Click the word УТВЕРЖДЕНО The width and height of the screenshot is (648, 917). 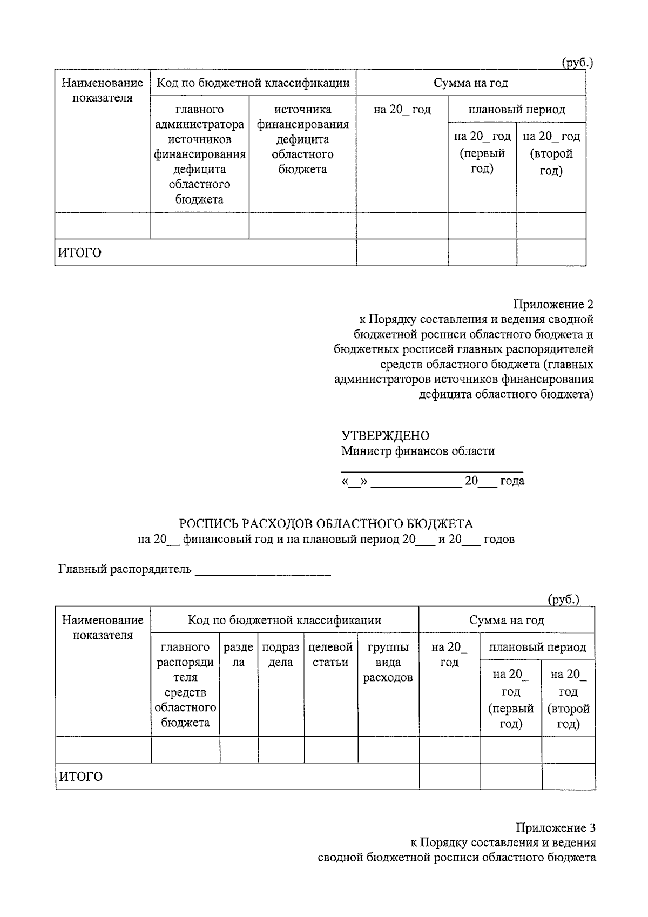point(385,436)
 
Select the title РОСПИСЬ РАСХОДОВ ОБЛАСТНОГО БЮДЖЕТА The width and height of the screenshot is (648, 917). point(326,524)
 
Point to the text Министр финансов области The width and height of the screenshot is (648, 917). point(417,451)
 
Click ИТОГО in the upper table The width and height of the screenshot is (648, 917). point(79,253)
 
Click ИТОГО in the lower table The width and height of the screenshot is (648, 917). point(80,777)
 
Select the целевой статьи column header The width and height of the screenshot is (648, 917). point(330,655)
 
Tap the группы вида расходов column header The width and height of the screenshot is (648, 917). point(388,662)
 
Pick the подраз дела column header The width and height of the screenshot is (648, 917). point(281,655)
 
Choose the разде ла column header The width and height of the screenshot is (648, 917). point(238,655)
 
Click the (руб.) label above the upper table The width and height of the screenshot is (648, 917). point(577,63)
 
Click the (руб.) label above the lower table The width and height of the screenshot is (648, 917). point(563,599)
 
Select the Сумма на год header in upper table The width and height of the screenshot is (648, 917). point(470,83)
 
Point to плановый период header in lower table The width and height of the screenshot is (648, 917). point(537,647)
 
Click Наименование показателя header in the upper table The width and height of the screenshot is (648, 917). point(102,90)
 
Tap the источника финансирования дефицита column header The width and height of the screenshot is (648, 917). point(302,139)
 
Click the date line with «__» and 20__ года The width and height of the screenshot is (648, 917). point(433,481)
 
